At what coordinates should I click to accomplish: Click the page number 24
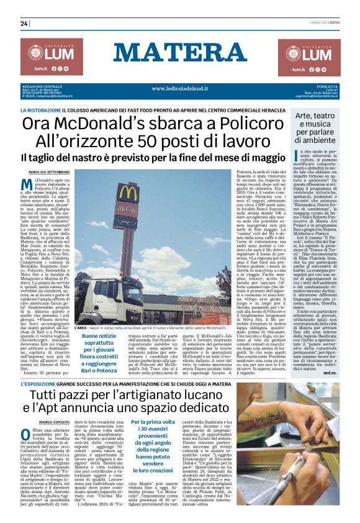[24, 24]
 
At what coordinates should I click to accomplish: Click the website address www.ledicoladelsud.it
[180, 88]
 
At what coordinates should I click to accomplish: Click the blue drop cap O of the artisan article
[25, 417]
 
